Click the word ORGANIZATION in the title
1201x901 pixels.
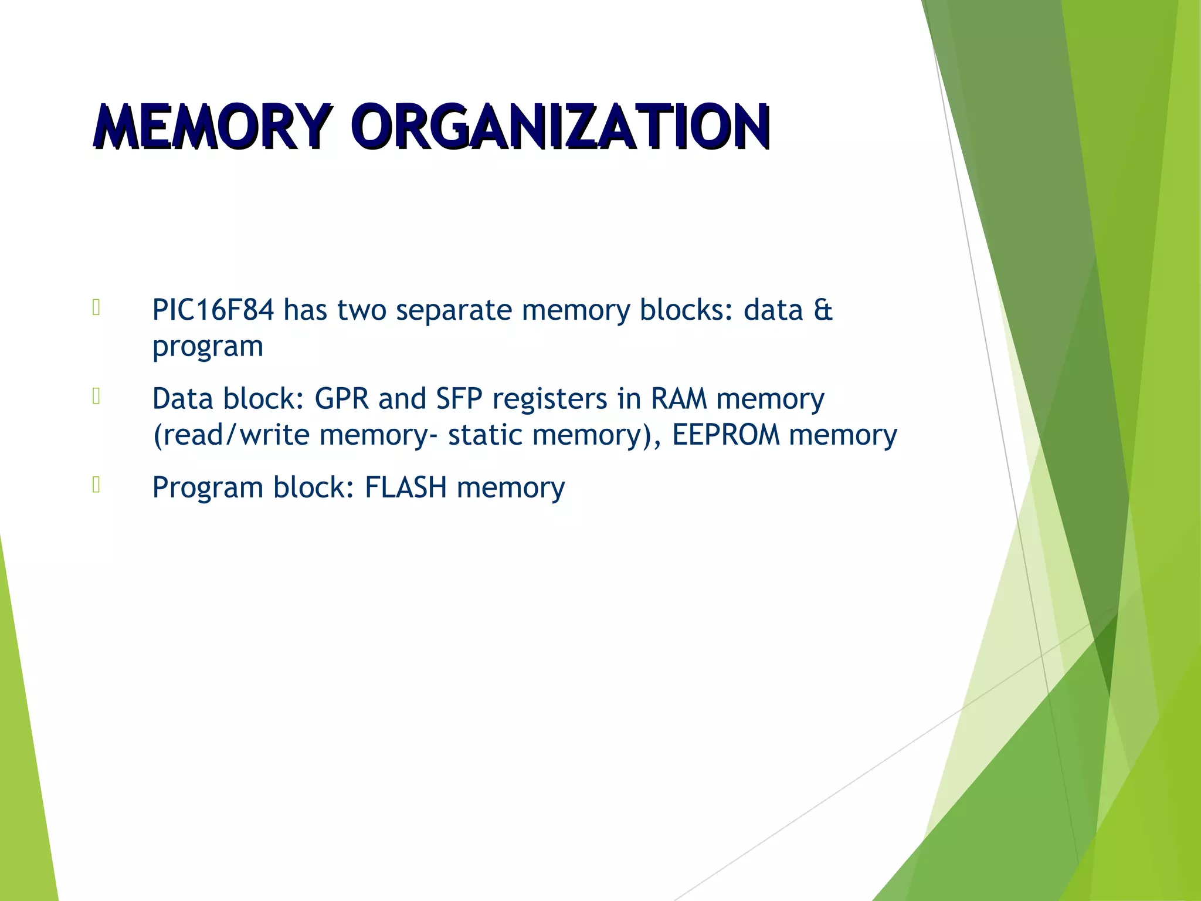tap(562, 126)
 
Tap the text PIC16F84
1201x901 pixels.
tap(212, 310)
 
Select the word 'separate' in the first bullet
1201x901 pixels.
tap(454, 310)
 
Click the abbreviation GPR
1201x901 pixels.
tap(341, 399)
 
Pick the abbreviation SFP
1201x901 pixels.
tap(459, 399)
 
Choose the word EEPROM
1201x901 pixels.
tap(726, 435)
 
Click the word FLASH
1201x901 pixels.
tap(405, 487)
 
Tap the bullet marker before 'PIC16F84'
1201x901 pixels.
tap(97, 308)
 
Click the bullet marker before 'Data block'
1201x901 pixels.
tap(97, 397)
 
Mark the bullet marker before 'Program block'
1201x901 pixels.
tap(97, 485)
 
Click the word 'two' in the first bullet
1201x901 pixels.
tap(361, 310)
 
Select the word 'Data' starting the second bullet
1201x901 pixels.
tap(182, 399)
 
